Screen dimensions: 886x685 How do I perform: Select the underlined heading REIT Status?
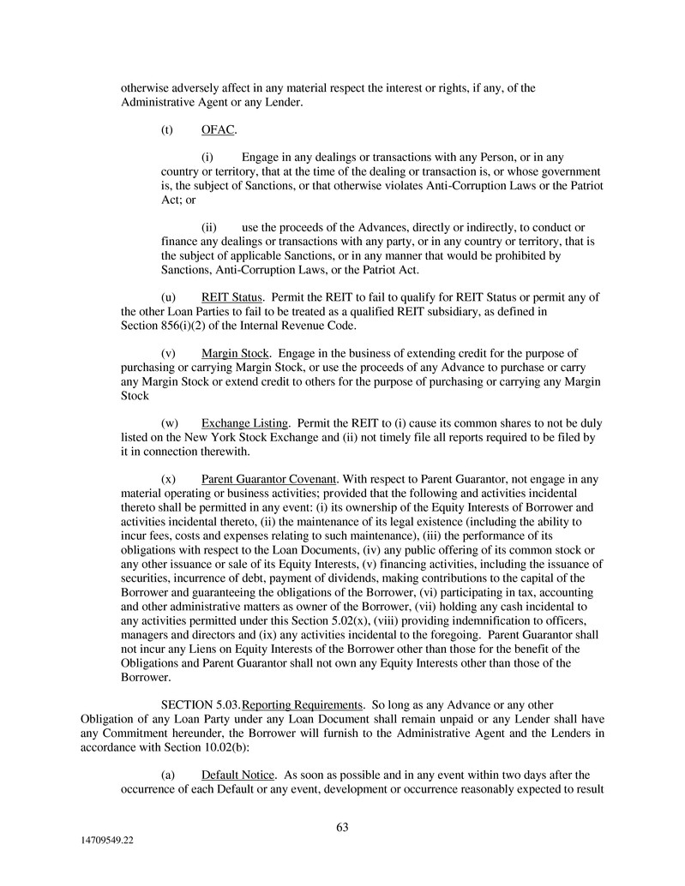click(225, 297)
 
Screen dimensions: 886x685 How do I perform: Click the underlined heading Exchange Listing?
click(244, 423)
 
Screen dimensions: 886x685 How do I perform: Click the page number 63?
click(342, 827)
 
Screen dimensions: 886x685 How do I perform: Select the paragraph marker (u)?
click(168, 297)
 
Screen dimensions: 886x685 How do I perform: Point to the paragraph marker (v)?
click(168, 353)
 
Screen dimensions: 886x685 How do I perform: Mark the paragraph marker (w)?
click(169, 423)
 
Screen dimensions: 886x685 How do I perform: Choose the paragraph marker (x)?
click(168, 479)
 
